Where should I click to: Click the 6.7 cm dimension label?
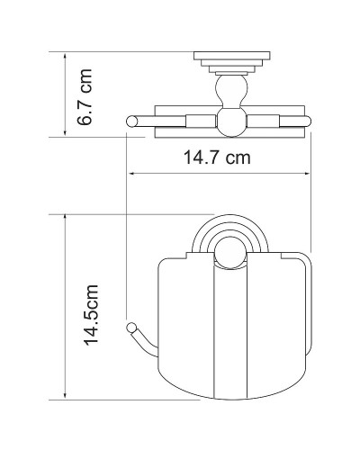(x=85, y=97)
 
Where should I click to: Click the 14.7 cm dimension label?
(x=217, y=157)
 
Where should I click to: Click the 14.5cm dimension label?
(x=91, y=315)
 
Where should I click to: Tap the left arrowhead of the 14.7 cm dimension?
(x=130, y=173)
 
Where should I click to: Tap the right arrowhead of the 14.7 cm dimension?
(x=307, y=173)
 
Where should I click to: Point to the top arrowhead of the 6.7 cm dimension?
(x=65, y=56)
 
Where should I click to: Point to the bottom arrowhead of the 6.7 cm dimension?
(x=65, y=133)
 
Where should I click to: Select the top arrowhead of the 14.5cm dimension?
(x=65, y=218)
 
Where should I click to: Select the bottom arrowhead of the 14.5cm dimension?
(x=65, y=396)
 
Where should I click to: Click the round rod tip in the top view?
(x=131, y=121)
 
